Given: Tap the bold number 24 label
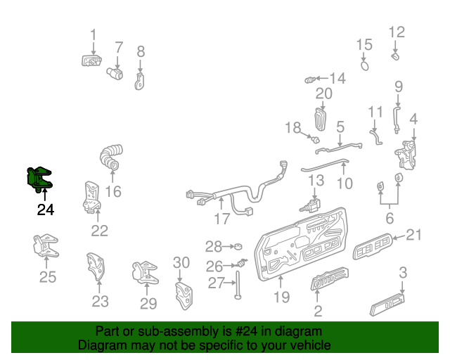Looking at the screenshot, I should click(x=45, y=209).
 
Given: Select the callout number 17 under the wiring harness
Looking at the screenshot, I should click(x=222, y=219).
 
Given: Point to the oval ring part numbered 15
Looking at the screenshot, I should click(x=365, y=65).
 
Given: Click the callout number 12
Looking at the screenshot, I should click(x=397, y=32).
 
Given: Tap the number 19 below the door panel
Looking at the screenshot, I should click(x=281, y=297).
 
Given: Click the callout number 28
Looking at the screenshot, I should click(x=213, y=246).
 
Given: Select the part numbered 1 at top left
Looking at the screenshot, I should click(x=91, y=60).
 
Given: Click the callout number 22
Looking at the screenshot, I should click(x=100, y=230).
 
